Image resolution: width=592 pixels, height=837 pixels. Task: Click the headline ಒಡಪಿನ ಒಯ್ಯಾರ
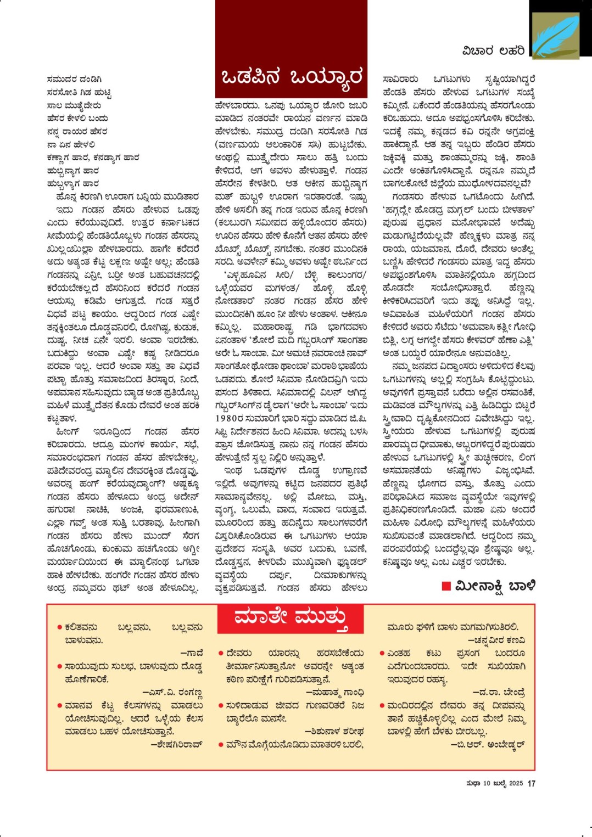pos(291,77)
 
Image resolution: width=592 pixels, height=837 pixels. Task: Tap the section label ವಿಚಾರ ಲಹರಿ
pos(493,51)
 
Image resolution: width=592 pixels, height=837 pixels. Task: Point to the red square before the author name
pos(446,586)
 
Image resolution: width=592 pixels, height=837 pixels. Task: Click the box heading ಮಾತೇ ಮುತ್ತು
pos(291,618)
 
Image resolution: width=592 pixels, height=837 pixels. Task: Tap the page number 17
pos(531,783)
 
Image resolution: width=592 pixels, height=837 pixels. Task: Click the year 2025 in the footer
pos(516,783)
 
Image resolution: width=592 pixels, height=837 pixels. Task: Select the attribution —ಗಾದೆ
pos(192,653)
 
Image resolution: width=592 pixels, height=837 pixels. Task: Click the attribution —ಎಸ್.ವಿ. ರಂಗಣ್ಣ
pos(172,692)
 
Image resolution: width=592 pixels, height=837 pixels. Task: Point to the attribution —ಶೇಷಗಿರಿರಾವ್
pos(176,745)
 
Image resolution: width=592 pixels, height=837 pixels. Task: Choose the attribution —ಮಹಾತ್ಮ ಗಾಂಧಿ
pos(334,693)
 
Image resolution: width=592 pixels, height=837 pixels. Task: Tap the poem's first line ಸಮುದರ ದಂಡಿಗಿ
pos(74,79)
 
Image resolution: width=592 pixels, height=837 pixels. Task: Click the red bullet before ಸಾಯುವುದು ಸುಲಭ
pos(59,666)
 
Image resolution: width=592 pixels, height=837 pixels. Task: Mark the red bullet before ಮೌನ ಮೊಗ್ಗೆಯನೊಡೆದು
pos(221,745)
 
